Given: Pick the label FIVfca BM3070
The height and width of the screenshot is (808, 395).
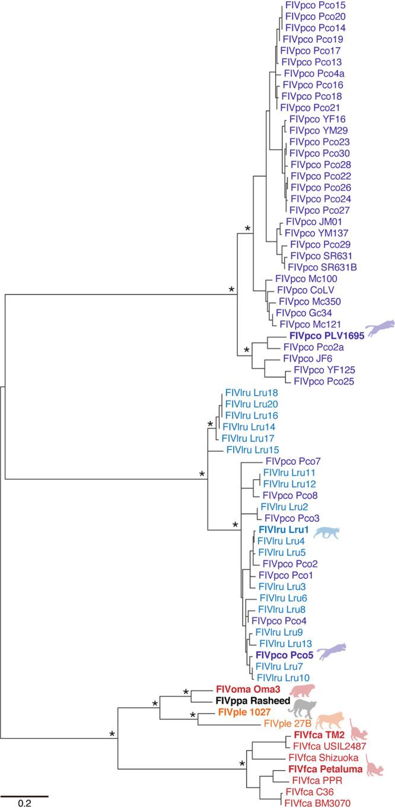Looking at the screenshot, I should [317, 803].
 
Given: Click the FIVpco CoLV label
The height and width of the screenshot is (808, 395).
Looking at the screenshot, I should [299, 290].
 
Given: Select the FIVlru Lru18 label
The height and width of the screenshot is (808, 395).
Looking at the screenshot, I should [251, 392].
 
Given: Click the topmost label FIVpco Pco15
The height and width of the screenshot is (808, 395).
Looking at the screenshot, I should [311, 5].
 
